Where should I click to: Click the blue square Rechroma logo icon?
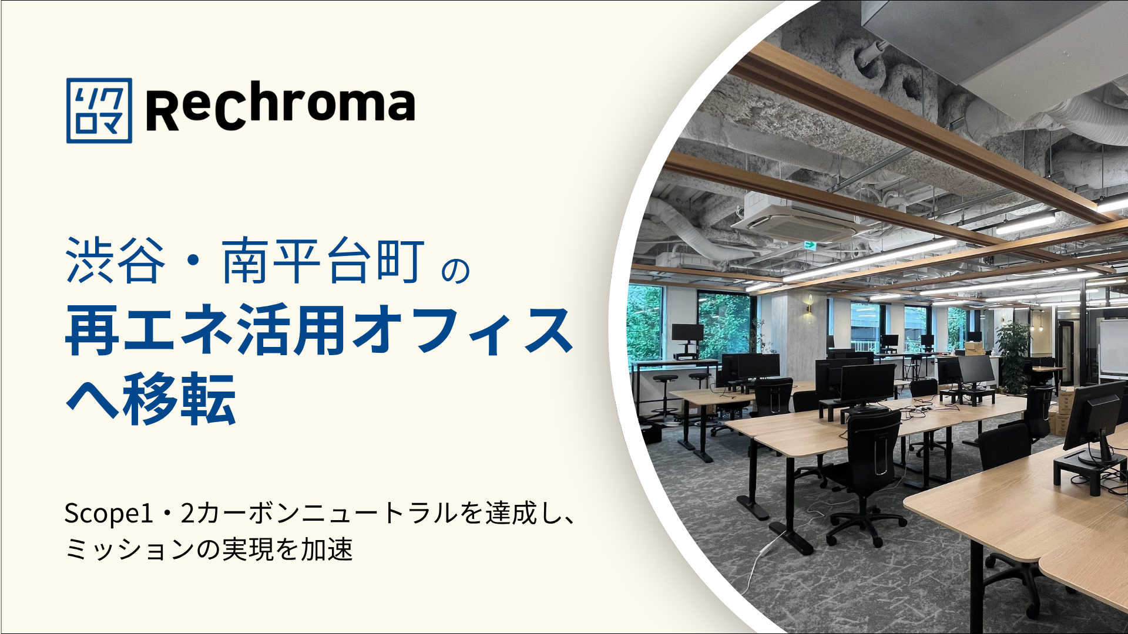click(99, 110)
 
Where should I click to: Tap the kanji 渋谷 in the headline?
click(115, 261)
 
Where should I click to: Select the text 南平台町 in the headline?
click(323, 261)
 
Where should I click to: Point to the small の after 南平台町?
click(456, 270)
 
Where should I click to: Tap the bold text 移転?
click(179, 399)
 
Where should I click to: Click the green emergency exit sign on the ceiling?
click(810, 245)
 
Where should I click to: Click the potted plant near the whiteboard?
click(1012, 356)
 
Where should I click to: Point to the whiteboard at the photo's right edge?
click(1113, 349)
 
